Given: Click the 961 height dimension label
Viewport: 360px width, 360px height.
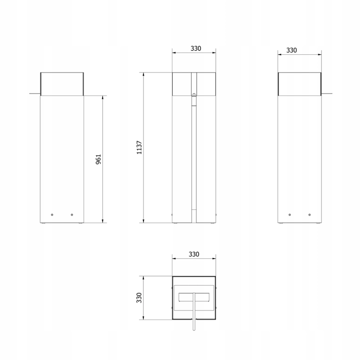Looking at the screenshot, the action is [98, 159].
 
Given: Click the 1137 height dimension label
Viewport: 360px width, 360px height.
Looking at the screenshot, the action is [139, 147].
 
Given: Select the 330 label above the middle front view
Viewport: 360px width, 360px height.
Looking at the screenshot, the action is [196, 48].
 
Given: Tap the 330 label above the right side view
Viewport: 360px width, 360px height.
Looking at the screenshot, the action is [291, 50].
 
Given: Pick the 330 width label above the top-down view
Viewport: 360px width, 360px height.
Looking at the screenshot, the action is [194, 254].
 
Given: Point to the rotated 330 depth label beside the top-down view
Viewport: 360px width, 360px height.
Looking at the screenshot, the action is [139, 298].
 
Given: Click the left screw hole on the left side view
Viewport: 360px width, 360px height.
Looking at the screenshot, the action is [52, 215].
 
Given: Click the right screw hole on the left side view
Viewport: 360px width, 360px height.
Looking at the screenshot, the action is [72, 215].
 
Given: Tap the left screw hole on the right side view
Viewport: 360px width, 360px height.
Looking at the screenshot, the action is [290, 215].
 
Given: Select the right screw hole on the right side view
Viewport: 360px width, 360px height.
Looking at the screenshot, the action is [310, 215].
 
